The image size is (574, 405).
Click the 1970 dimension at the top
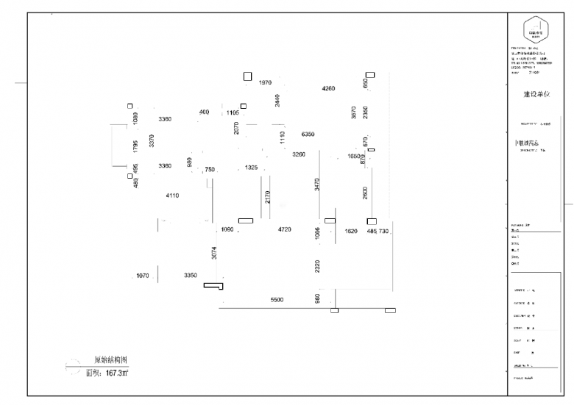click(265, 83)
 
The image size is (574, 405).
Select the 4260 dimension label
click(328, 88)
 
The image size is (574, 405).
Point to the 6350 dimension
click(308, 135)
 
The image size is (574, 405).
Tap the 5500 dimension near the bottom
click(277, 301)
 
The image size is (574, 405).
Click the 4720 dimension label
click(285, 230)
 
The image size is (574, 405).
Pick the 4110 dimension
click(172, 196)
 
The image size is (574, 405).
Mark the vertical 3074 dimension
click(214, 253)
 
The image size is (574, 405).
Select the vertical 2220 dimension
click(318, 267)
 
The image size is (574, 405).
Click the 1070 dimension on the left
click(143, 276)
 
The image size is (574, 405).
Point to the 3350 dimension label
click(191, 276)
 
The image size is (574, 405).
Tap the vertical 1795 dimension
click(135, 146)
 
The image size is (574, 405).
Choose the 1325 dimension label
click(251, 168)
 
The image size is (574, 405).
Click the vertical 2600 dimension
click(365, 193)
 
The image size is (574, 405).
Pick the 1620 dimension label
click(351, 230)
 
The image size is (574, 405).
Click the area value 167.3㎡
click(118, 373)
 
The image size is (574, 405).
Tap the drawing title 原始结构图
click(111, 360)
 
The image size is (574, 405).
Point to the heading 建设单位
click(536, 95)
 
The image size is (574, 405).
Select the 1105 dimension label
click(233, 112)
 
